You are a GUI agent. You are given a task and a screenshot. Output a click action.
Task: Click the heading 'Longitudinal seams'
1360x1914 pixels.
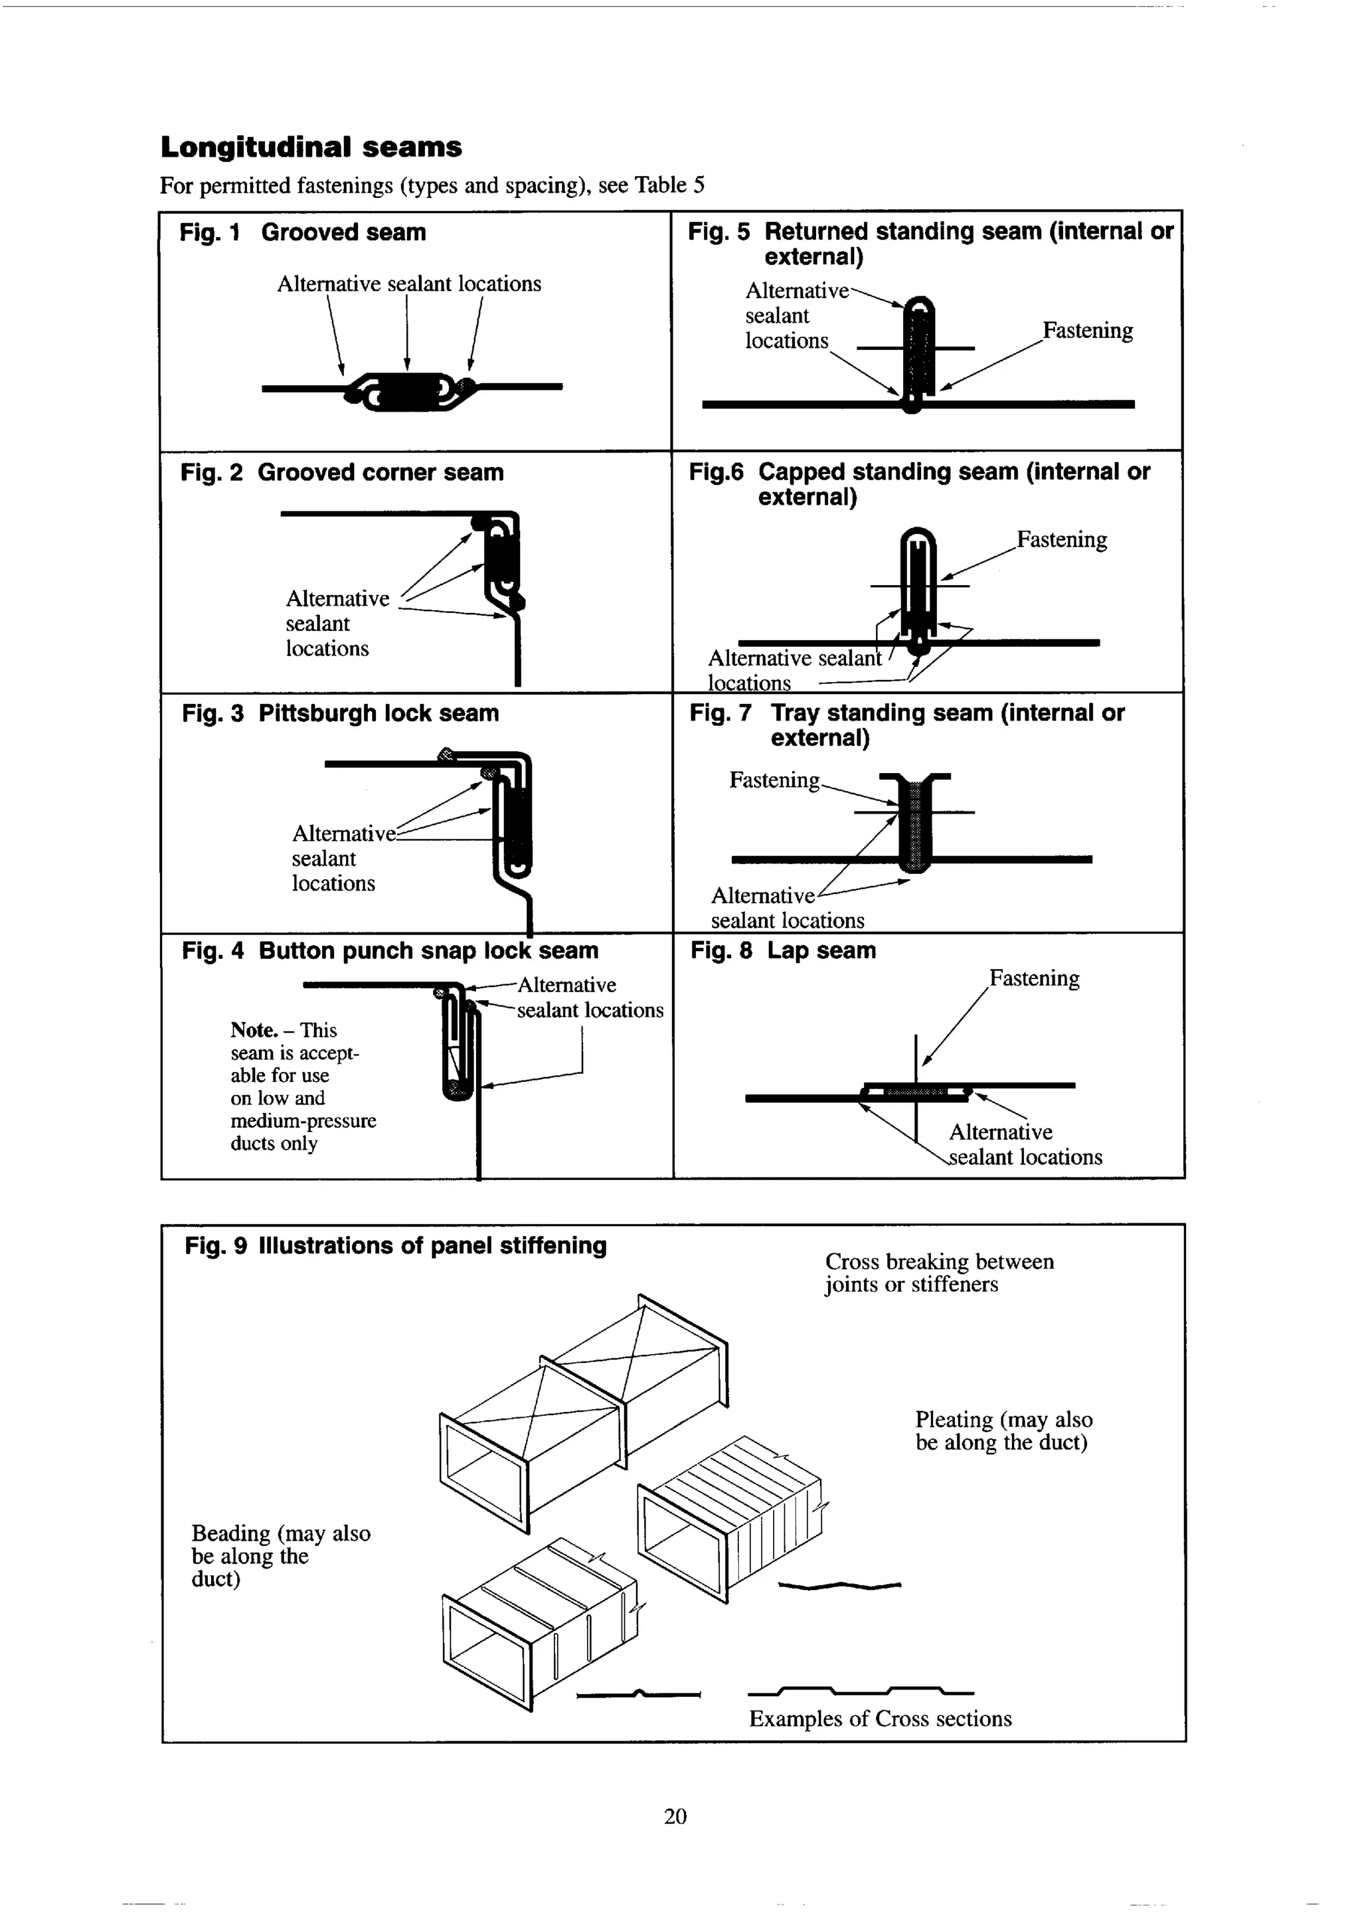[311, 147]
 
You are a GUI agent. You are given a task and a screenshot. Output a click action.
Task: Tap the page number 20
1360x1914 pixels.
[675, 1815]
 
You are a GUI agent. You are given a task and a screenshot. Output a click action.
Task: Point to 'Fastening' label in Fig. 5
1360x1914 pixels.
[1087, 330]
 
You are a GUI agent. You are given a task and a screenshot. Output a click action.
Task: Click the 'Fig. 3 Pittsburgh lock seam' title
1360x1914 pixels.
[340, 713]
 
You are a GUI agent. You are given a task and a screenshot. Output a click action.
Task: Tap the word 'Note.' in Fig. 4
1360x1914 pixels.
[254, 1030]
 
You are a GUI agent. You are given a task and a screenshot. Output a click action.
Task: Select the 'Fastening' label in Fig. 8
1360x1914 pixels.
[1034, 978]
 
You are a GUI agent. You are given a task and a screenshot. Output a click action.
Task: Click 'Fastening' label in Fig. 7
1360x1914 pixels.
[774, 780]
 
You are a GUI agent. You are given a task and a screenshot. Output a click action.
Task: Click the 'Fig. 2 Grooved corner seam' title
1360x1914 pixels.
[342, 472]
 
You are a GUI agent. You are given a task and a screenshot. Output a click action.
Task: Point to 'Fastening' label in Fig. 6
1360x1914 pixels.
[1061, 539]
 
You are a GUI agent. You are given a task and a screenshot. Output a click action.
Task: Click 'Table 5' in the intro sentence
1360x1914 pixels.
[669, 185]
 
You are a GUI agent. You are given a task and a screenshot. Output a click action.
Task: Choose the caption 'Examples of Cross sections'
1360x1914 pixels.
[879, 1718]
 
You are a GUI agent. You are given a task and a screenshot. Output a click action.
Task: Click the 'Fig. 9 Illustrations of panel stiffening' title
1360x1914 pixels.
[395, 1246]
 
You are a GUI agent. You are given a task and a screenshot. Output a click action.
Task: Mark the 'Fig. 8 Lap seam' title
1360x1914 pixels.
[783, 950]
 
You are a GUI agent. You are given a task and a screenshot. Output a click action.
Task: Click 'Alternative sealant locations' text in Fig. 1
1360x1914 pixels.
[408, 284]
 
